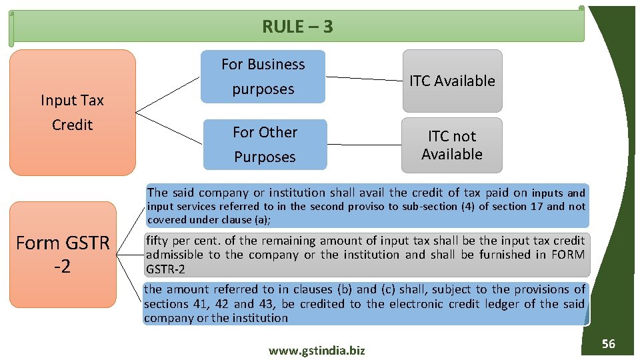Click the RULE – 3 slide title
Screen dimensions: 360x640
(x=297, y=27)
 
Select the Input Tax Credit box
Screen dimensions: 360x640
(x=72, y=112)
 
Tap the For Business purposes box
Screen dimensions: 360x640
(x=263, y=77)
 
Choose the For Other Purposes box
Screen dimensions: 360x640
(x=265, y=144)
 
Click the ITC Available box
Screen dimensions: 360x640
(x=452, y=81)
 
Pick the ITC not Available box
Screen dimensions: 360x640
(x=452, y=145)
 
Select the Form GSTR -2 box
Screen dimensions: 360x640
(x=63, y=254)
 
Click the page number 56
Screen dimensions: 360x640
(x=608, y=344)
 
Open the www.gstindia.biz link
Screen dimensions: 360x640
(x=317, y=351)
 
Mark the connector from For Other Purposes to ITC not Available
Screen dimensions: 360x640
(x=365, y=145)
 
